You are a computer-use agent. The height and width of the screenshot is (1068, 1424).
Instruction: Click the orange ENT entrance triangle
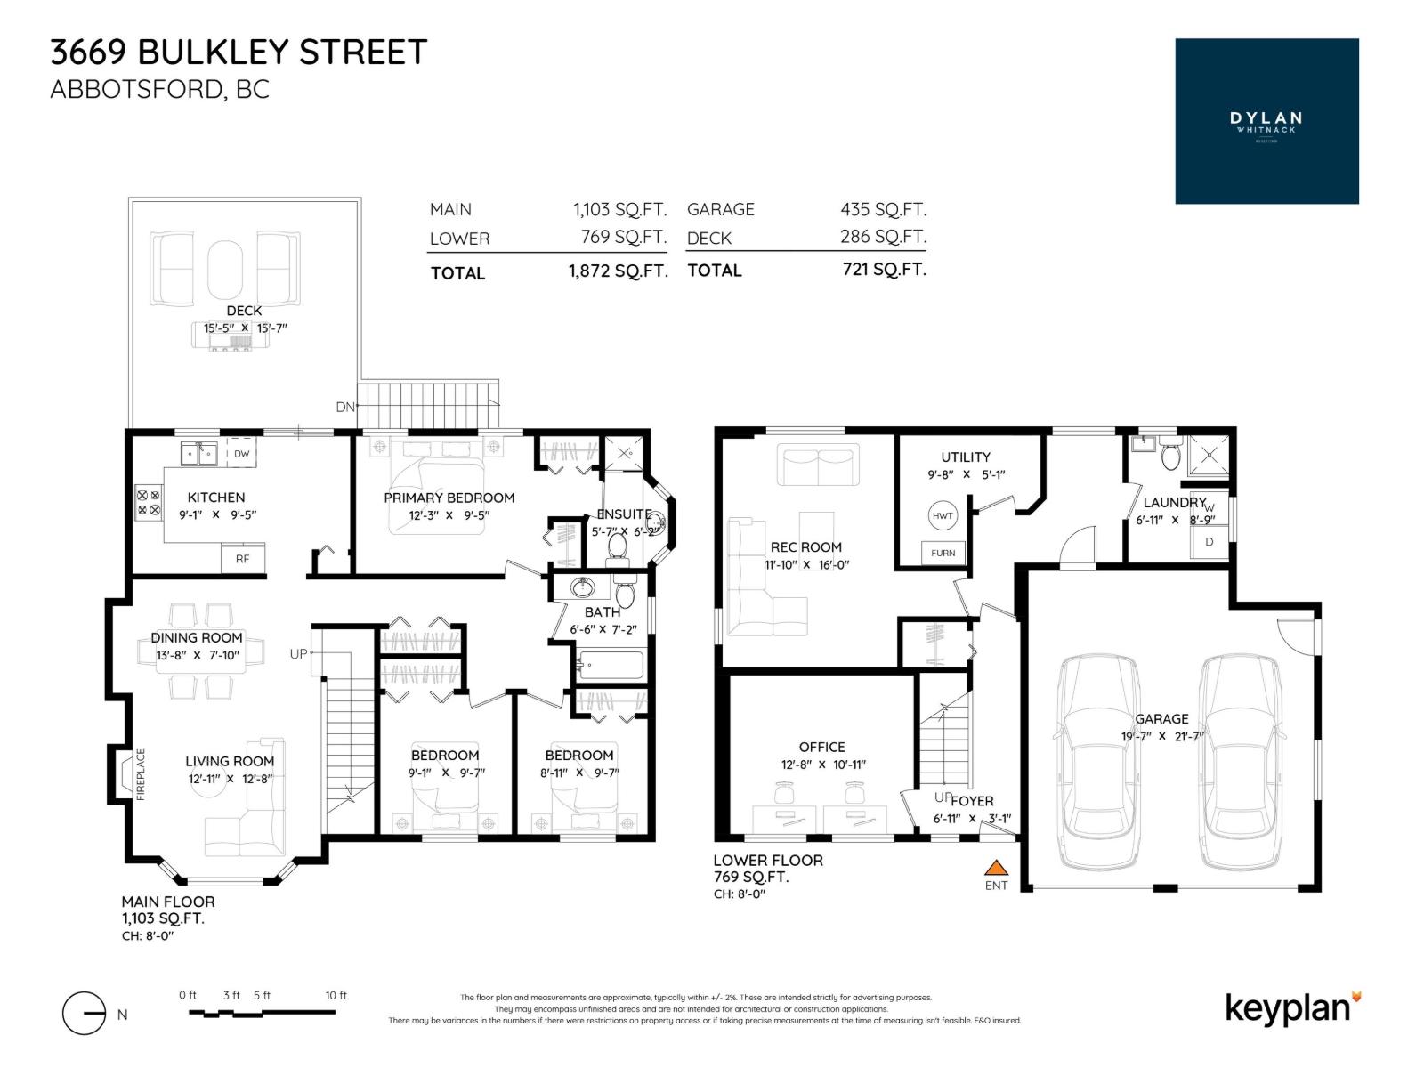[x=997, y=867]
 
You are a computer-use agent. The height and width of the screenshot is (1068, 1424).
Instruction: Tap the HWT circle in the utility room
[x=943, y=515]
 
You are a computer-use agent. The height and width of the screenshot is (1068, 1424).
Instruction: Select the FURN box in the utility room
[x=943, y=553]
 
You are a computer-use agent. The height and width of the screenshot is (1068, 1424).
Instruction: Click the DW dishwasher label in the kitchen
[x=241, y=453]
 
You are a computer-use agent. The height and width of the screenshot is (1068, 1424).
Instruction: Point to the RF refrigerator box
[x=242, y=559]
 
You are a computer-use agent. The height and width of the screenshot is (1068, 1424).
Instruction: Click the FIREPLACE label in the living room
[x=141, y=774]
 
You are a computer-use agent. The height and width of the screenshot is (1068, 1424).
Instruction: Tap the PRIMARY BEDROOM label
[x=449, y=498]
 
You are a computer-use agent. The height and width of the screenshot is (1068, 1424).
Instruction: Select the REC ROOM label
[x=805, y=547]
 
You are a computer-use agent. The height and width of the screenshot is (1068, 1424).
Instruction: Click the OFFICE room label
[x=821, y=747]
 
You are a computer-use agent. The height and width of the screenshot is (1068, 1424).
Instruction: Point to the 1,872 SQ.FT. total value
[x=618, y=271]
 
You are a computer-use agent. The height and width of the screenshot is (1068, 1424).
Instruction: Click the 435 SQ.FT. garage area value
[x=883, y=209]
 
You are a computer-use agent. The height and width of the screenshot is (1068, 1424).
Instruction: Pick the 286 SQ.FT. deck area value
[x=883, y=237]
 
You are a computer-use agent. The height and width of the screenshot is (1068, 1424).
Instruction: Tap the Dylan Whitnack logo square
[x=1266, y=121]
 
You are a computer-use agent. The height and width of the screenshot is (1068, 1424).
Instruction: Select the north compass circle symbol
[x=85, y=1014]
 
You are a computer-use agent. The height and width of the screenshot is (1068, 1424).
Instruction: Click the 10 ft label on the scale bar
[x=336, y=995]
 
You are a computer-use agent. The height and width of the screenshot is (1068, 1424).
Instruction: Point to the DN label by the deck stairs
[x=345, y=407]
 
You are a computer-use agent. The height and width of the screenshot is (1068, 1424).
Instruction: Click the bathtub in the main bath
[x=611, y=666]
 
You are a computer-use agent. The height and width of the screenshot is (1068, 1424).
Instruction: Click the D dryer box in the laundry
[x=1209, y=541]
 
